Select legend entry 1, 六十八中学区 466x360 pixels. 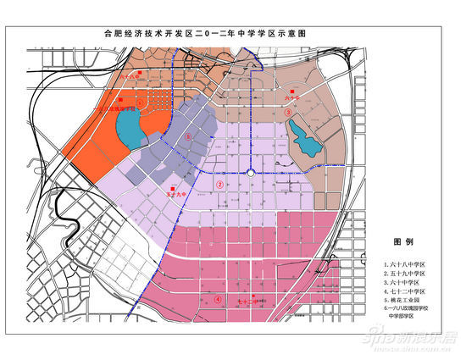[x=409, y=264]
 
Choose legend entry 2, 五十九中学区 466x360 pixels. [x=409, y=276]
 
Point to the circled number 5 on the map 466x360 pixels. [x=188, y=136]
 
